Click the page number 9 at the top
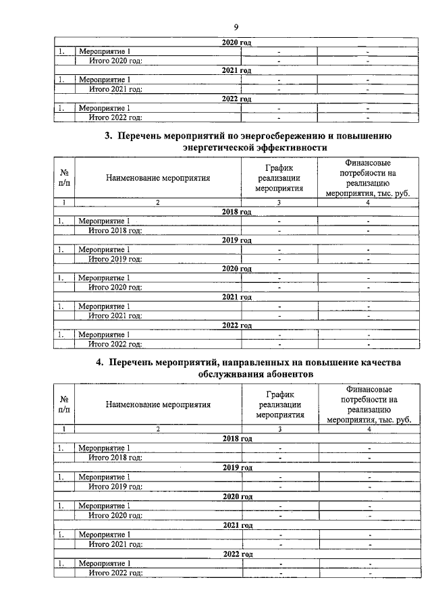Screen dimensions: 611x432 (236, 27)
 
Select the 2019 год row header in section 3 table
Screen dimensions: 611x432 (236, 240)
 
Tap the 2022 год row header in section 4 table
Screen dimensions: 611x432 (236, 554)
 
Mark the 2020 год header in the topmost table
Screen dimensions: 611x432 (236, 42)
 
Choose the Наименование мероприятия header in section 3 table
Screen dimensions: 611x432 (158, 178)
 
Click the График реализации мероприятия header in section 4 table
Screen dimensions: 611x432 (279, 405)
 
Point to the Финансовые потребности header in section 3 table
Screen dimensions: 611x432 (368, 178)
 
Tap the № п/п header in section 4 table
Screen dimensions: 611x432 (64, 405)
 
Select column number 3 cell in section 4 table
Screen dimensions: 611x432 (279, 429)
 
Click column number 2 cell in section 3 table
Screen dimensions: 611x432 (158, 202)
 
